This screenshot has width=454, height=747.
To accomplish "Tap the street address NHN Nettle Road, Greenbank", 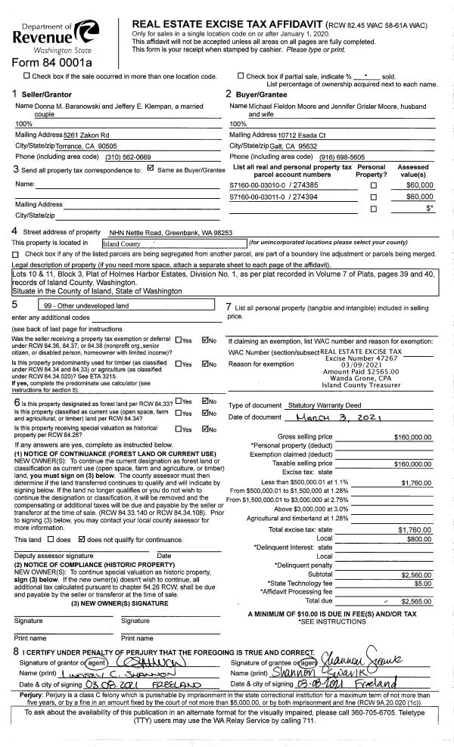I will [171, 232].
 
